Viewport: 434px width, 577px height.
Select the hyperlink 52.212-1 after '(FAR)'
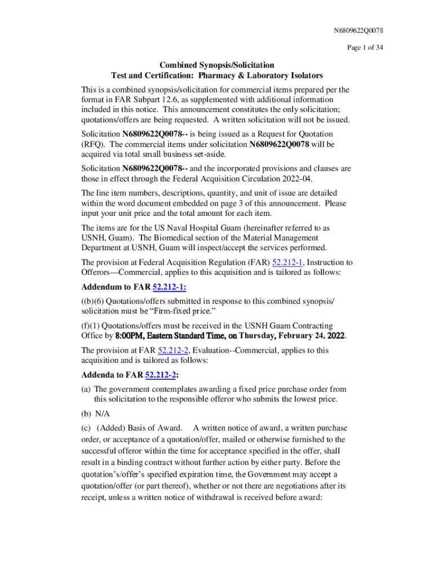pyautogui.click(x=288, y=262)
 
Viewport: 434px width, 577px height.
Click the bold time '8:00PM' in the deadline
pyautogui.click(x=131, y=336)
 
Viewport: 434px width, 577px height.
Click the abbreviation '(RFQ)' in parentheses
pyautogui.click(x=94, y=144)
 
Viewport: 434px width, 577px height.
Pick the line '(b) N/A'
pyautogui.click(x=95, y=413)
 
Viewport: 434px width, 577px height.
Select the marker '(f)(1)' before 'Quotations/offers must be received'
pyautogui.click(x=92, y=326)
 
